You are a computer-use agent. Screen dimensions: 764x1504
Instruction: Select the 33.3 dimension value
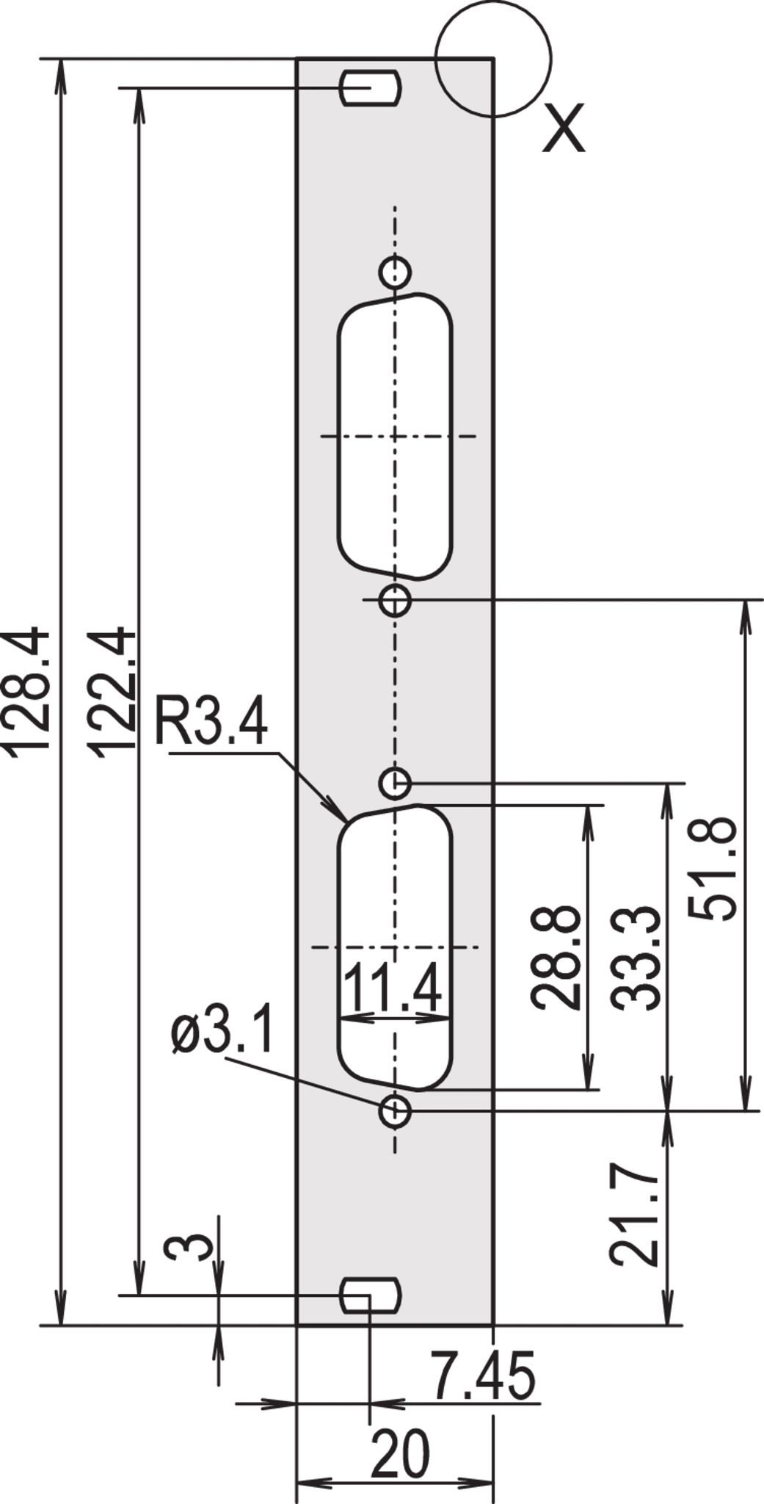point(636,958)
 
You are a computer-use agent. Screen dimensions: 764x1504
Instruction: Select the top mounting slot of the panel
point(371,87)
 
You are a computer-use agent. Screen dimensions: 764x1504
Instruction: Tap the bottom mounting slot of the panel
point(371,1295)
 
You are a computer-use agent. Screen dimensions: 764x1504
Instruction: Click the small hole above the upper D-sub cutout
point(395,272)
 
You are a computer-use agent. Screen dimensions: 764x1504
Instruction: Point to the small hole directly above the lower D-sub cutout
point(395,783)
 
